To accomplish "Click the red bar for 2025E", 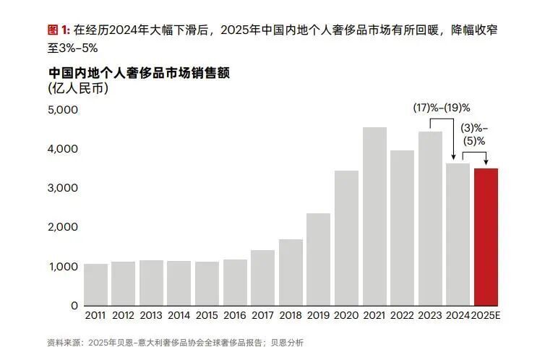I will (486, 236).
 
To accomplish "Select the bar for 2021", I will (374, 216).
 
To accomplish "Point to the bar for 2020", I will (346, 238).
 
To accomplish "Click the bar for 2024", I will (458, 234).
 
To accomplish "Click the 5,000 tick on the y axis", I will (63, 111).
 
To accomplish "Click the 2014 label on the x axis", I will (179, 317).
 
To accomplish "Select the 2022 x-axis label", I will (402, 317).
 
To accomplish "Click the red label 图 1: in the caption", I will (58, 30).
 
